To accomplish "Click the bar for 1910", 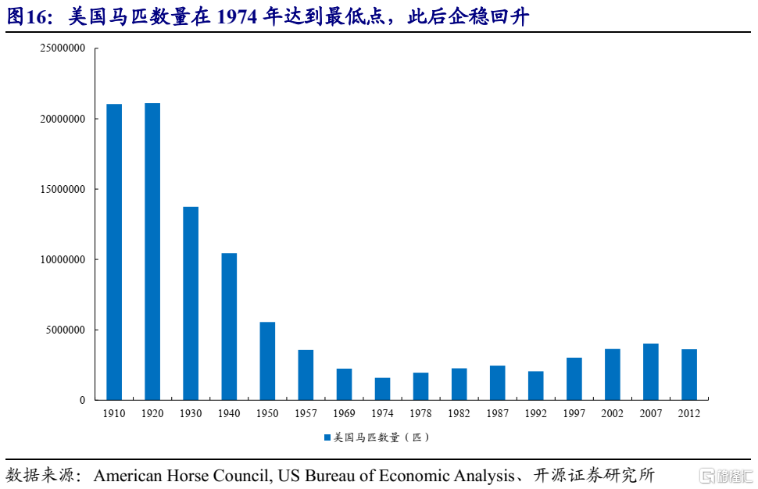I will (114, 252).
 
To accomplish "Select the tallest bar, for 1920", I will (152, 252).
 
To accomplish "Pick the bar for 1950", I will (267, 361).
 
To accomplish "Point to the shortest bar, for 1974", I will (382, 388).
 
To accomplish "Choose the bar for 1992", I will (535, 385).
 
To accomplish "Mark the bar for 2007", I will (651, 372).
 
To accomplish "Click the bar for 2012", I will (689, 374).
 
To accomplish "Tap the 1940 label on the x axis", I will (229, 413).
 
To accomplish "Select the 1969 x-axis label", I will (344, 413).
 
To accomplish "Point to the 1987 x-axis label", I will (497, 413).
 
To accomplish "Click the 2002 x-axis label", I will (613, 413).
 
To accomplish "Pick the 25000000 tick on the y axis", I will (63, 48).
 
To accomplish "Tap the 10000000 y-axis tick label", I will (63, 259).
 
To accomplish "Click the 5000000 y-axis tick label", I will (66, 330).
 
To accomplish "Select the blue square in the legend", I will (327, 437).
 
